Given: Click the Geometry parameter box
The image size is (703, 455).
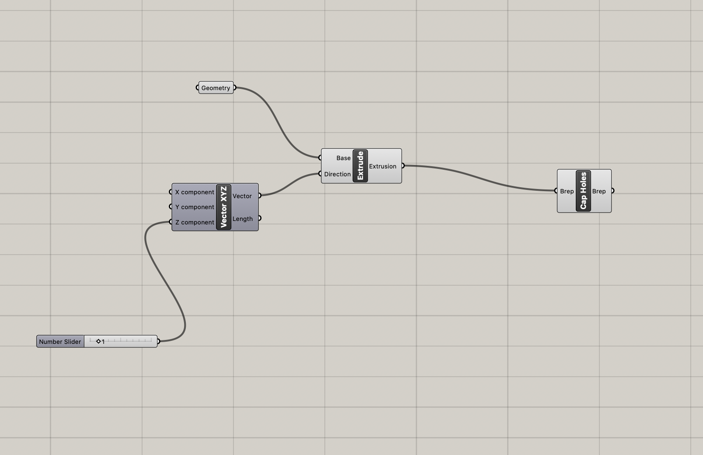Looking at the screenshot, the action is (216, 87).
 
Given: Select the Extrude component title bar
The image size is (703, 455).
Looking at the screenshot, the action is (360, 166).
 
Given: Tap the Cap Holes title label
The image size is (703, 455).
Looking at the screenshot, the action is (583, 191).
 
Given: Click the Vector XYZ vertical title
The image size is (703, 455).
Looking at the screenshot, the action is (223, 207).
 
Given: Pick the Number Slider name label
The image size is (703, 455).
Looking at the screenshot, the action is (60, 342).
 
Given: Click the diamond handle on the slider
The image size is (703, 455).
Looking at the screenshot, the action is (98, 341).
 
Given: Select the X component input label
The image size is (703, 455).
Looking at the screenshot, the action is (195, 192).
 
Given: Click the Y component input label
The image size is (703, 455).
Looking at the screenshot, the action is (195, 207).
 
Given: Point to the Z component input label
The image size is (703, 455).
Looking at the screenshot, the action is (195, 222).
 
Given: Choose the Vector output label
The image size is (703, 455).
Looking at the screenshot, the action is (242, 196).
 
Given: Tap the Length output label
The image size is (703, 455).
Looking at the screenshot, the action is (243, 219).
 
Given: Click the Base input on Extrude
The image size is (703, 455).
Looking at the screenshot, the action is (343, 158).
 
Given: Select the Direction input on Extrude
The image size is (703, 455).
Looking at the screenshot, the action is (338, 174).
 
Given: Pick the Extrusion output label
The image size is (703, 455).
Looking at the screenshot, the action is (383, 166).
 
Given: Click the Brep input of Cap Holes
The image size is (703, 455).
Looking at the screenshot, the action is (567, 191).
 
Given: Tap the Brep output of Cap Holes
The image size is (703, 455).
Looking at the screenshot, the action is (599, 191).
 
